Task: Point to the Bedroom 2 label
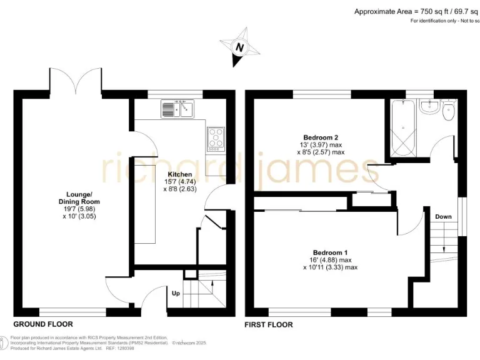[321, 137]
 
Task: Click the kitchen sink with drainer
[178, 109]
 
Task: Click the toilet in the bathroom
[447, 112]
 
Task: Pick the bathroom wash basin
[428, 107]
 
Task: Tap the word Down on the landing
[443, 217]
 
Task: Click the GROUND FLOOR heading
[43, 324]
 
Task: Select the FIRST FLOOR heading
[269, 324]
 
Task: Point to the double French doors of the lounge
[76, 79]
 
